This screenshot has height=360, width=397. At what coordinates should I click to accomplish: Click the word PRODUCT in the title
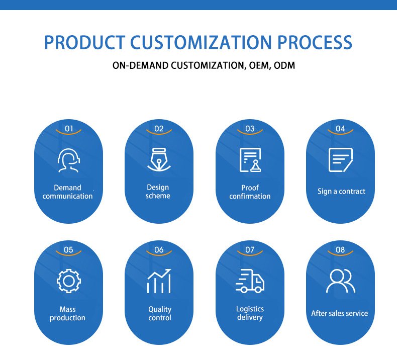pyautogui.click(x=84, y=42)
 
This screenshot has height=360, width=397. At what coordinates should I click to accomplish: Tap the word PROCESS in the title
pyautogui.click(x=315, y=42)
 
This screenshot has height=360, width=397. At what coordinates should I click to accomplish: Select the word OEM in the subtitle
pyautogui.click(x=258, y=65)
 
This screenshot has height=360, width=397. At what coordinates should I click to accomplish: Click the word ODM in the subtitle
pyautogui.click(x=284, y=65)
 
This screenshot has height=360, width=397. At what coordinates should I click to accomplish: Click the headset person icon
pyautogui.click(x=68, y=160)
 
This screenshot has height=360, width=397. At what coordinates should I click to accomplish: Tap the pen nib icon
pyautogui.click(x=159, y=159)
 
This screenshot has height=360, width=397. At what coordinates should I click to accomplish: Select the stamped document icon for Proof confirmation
pyautogui.click(x=250, y=160)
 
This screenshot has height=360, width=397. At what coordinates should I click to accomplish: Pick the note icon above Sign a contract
pyautogui.click(x=341, y=160)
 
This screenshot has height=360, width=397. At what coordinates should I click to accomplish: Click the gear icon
pyautogui.click(x=68, y=281)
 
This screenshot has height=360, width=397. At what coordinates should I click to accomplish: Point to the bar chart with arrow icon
pyautogui.click(x=159, y=281)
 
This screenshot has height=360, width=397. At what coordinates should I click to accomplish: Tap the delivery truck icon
pyautogui.click(x=250, y=281)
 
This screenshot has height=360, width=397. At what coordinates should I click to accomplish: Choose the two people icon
pyautogui.click(x=341, y=281)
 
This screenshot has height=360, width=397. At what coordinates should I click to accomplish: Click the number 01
pyautogui.click(x=69, y=129)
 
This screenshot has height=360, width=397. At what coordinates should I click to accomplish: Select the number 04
pyautogui.click(x=340, y=129)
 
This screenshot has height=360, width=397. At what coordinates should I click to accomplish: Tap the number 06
pyautogui.click(x=159, y=250)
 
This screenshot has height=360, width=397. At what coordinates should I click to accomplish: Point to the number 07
pyautogui.click(x=250, y=250)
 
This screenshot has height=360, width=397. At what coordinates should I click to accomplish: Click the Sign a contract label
pyautogui.click(x=341, y=191)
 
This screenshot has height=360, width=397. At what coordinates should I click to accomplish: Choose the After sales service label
pyautogui.click(x=340, y=313)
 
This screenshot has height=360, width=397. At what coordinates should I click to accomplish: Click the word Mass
pyautogui.click(x=68, y=309)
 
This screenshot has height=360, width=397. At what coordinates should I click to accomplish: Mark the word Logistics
pyautogui.click(x=250, y=309)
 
